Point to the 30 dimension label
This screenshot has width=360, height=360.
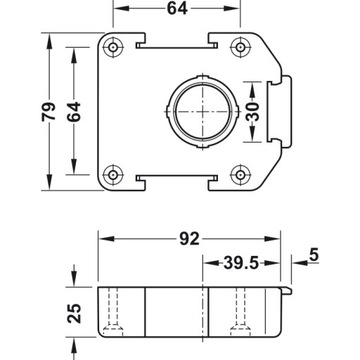pos(256,110)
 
